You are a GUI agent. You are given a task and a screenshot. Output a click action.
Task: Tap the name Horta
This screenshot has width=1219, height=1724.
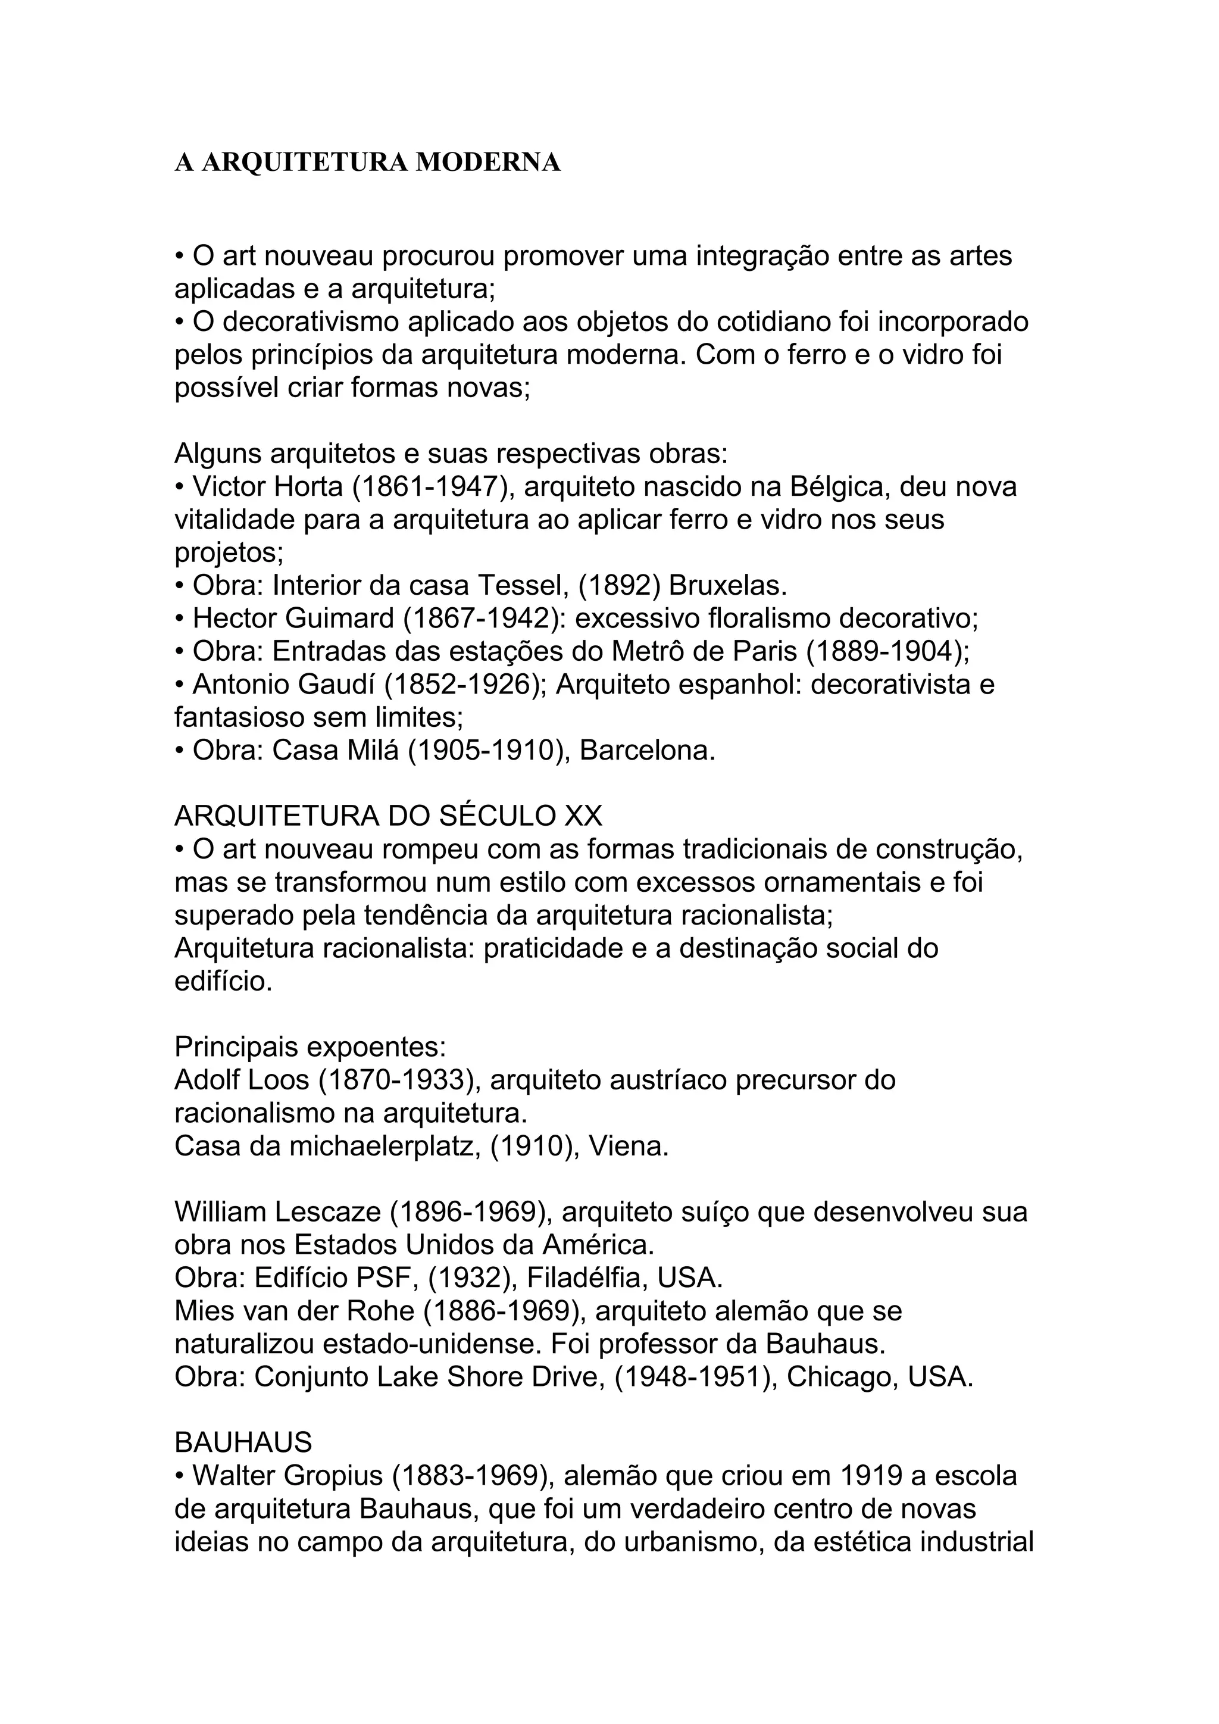pos(308,486)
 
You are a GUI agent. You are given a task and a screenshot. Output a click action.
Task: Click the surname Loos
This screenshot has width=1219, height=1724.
pos(282,1080)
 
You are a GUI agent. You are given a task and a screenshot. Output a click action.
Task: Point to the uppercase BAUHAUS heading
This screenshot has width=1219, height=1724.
pos(243,1442)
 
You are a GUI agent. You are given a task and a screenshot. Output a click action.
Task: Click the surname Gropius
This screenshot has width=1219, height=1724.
pos(333,1476)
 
